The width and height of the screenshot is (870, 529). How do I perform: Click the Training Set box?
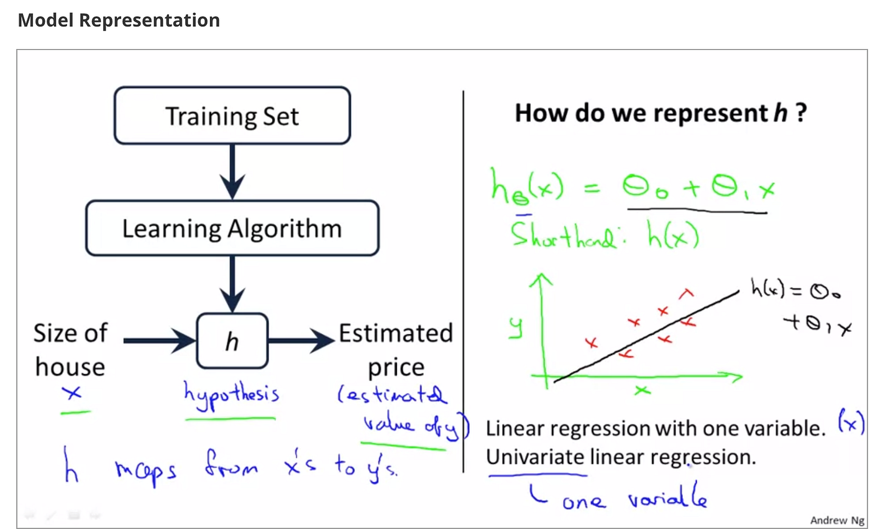point(232,116)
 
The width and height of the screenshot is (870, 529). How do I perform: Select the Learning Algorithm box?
point(232,228)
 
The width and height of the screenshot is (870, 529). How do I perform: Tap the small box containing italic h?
point(232,341)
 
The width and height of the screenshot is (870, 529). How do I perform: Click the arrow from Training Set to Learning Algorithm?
point(232,172)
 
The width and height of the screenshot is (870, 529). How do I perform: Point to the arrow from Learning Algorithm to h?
point(232,284)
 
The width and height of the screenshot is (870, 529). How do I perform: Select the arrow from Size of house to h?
point(160,341)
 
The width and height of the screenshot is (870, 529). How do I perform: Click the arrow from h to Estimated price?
point(301,341)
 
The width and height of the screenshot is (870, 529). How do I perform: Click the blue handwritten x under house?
point(72,393)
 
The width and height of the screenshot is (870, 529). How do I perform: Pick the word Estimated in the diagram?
point(396,333)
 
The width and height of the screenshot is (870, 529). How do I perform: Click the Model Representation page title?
point(119,20)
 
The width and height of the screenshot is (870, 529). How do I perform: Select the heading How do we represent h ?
point(661,113)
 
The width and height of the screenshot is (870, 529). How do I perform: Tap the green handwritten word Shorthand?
point(563,235)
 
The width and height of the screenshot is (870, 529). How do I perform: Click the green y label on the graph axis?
point(516,328)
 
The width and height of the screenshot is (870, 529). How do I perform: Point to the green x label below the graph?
point(643,390)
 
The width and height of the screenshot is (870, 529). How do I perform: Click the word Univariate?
point(535,457)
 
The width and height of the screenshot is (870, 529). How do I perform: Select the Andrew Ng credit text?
point(837,520)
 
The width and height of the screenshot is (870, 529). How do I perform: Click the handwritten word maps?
point(145,471)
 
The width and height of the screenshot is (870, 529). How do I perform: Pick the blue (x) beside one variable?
point(851,421)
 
